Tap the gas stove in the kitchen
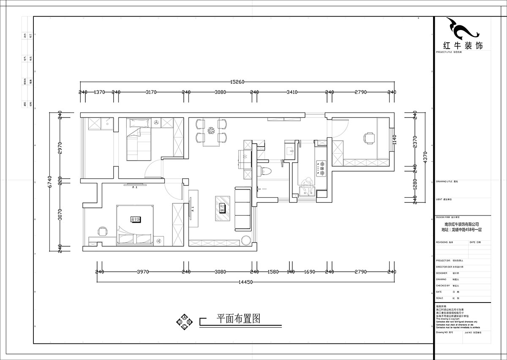[x=322, y=168]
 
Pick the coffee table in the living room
[x=222, y=208]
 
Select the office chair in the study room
[x=369, y=138]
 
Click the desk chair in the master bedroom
[x=103, y=232]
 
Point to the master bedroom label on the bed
[x=136, y=219]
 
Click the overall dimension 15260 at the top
[x=237, y=82]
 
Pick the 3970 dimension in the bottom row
[x=142, y=272]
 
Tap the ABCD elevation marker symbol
[x=185, y=322]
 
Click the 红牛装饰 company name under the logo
[x=462, y=46]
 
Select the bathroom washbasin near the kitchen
[x=290, y=150]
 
